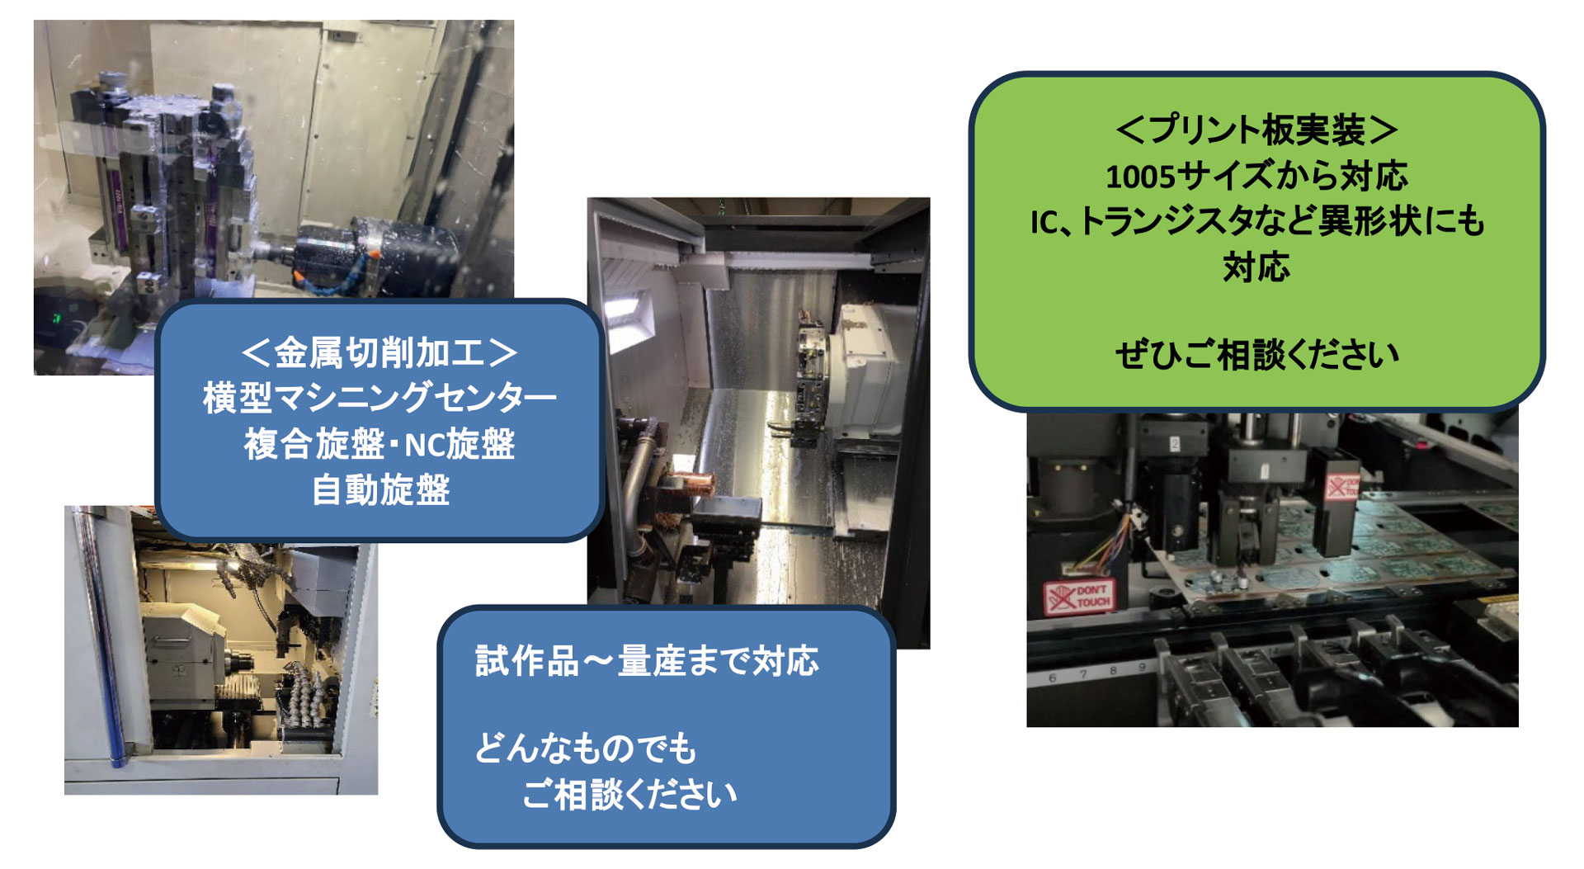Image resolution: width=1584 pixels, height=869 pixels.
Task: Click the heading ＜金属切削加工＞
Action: click(x=379, y=353)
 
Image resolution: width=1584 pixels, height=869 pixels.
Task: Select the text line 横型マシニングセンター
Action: click(x=379, y=399)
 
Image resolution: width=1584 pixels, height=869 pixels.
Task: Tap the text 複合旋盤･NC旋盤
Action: click(x=379, y=445)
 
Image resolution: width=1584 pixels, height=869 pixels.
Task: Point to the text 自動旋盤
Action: click(x=380, y=490)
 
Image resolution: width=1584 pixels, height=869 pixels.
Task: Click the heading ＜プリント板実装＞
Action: click(x=1256, y=130)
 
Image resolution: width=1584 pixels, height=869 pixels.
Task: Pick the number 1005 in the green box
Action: click(x=1139, y=177)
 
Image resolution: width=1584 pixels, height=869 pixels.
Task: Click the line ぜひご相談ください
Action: click(x=1256, y=355)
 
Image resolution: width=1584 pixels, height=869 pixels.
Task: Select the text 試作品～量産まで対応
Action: click(x=647, y=661)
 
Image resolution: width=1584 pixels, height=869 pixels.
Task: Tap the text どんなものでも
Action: click(x=586, y=749)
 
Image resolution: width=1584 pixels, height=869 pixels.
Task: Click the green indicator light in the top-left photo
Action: click(x=56, y=318)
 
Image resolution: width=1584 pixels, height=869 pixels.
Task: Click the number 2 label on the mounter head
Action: click(x=1175, y=444)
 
